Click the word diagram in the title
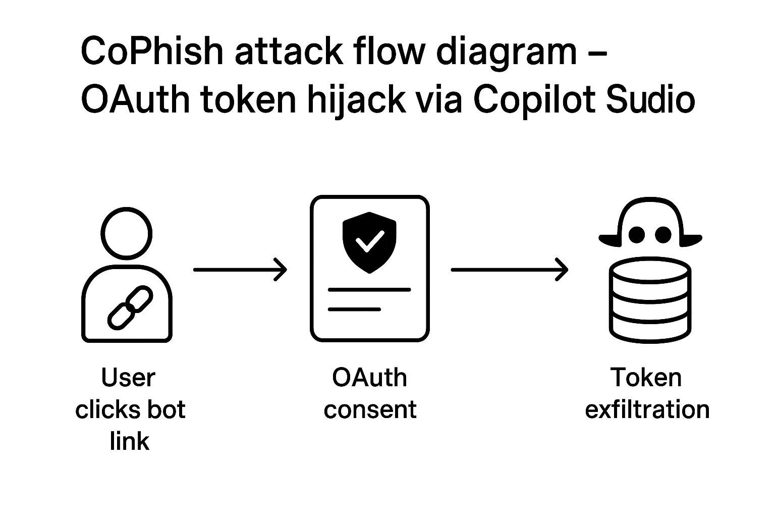click(506, 51)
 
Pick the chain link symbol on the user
click(130, 307)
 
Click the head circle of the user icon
click(127, 233)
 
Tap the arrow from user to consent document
click(240, 270)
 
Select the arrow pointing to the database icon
click(509, 270)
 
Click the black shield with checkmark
click(369, 242)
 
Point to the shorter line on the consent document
click(354, 309)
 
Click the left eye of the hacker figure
click(637, 234)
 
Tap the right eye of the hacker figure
click(662, 234)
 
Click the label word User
click(128, 378)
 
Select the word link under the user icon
click(130, 441)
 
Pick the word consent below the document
click(370, 409)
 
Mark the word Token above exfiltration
click(646, 378)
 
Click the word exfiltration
click(647, 409)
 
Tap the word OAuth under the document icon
click(369, 378)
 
